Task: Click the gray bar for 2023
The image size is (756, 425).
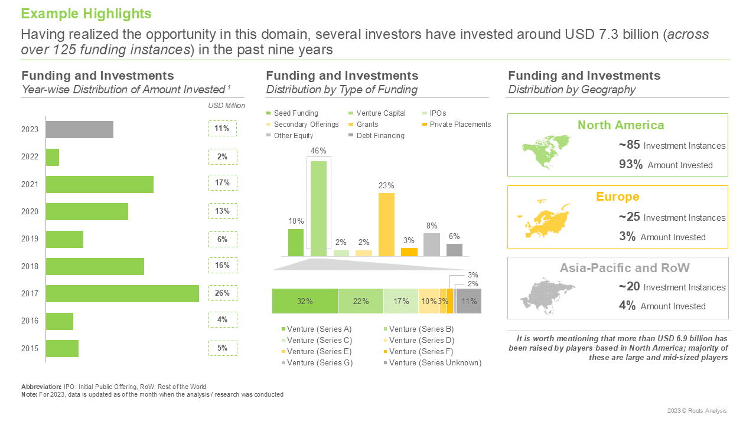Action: [x=80, y=129]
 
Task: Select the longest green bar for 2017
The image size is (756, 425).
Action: [x=122, y=293]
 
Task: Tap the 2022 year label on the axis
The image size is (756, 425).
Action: [x=30, y=157]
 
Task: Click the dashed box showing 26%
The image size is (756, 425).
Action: [x=223, y=293]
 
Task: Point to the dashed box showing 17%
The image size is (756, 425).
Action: [x=223, y=183]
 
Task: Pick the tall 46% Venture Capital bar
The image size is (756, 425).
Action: [x=318, y=208]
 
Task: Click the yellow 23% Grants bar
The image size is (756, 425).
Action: [x=386, y=225]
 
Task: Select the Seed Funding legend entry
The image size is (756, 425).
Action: [x=292, y=113]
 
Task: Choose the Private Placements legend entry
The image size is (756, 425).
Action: [x=457, y=125]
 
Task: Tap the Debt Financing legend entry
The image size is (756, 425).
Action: [x=377, y=136]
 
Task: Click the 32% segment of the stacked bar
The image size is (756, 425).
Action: [x=305, y=301]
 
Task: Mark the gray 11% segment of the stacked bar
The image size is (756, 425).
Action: [x=469, y=301]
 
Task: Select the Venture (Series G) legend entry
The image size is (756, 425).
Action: [x=317, y=363]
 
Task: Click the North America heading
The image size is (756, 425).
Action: [x=621, y=125]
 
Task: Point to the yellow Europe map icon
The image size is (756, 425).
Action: [x=544, y=218]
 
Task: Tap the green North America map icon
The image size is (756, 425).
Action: [x=546, y=152]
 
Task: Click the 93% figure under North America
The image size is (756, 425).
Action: [x=630, y=164]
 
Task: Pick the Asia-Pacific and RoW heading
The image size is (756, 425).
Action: [x=625, y=268]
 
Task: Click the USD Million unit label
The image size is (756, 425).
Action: [x=226, y=106]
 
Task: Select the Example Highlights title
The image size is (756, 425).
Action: [x=86, y=14]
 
